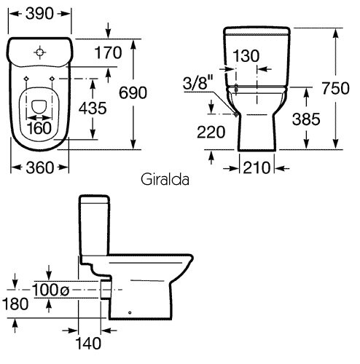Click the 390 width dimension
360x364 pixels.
[39, 14]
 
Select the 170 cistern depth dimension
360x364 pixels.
[108, 52]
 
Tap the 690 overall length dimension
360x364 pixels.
[133, 92]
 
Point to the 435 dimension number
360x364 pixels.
[93, 108]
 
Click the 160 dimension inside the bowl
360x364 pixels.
[39, 128]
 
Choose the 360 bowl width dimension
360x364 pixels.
[39, 167]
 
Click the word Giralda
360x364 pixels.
[165, 180]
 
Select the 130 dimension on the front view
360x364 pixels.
[246, 55]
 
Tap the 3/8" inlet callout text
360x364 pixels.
[198, 82]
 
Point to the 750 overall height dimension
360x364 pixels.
[336, 88]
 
